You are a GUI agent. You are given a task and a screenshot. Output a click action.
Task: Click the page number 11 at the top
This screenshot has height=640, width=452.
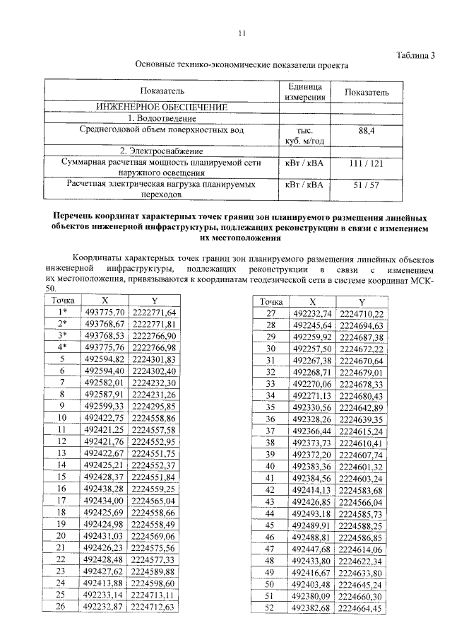(x=242, y=33)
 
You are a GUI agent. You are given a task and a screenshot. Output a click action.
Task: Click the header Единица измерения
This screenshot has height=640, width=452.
(x=305, y=92)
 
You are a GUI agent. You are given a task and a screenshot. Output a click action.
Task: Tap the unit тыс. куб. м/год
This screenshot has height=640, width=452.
(x=305, y=135)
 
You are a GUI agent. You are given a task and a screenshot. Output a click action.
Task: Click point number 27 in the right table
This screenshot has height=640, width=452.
(x=269, y=313)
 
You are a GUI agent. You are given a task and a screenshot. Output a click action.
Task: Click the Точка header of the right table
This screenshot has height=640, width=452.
(x=269, y=301)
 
